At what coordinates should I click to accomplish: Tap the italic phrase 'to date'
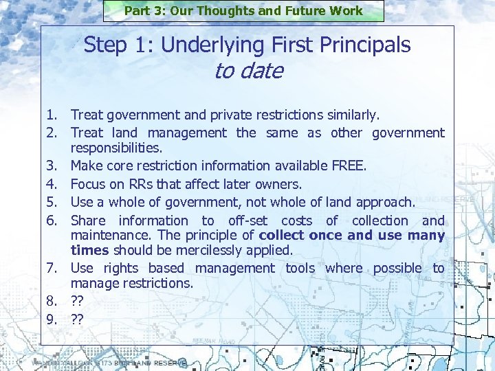[248, 71]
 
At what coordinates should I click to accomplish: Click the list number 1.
[52, 115]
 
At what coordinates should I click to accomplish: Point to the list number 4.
[52, 184]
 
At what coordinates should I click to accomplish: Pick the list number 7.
[52, 268]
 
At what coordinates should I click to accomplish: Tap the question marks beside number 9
[77, 318]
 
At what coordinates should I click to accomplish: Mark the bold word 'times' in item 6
[90, 250]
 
